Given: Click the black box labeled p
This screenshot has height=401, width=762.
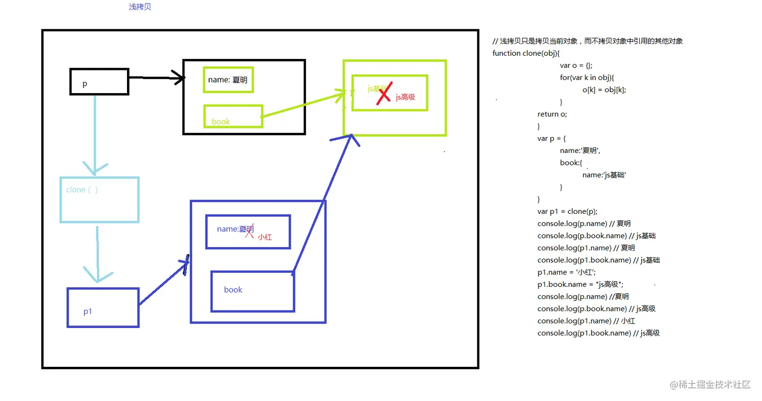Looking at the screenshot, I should [99, 82].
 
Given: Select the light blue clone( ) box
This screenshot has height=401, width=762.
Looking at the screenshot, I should [99, 200].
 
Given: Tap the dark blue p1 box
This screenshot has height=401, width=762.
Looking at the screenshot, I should [103, 307].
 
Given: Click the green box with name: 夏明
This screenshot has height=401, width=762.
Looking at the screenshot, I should [228, 79].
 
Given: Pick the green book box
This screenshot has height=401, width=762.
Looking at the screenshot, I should [233, 116].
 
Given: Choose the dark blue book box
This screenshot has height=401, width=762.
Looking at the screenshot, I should [252, 291].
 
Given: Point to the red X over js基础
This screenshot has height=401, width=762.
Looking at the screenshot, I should [384, 93].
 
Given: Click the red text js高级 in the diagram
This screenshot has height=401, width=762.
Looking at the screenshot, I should [405, 97].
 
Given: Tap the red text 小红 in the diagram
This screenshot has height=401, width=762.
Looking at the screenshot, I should [265, 237].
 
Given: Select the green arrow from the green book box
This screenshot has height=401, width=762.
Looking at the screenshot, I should [302, 105].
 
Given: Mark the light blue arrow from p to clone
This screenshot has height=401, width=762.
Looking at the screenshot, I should [95, 133].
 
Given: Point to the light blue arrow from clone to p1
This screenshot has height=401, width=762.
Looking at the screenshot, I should [98, 252].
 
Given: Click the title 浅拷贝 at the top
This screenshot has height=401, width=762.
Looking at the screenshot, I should [140, 8].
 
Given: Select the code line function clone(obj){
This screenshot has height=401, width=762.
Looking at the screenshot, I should [526, 53].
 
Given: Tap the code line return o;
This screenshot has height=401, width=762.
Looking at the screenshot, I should [552, 114].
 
